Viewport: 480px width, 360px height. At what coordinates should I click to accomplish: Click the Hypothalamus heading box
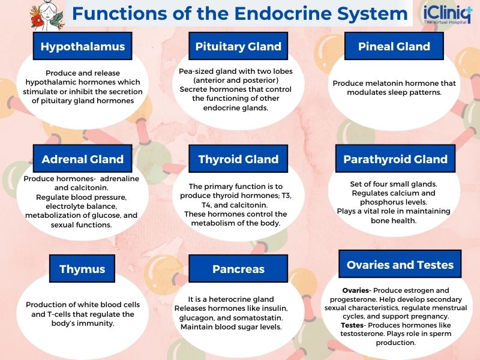(83, 46)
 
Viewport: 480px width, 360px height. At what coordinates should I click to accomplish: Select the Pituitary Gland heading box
(238, 46)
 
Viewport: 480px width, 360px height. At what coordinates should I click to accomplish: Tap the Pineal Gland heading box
(394, 46)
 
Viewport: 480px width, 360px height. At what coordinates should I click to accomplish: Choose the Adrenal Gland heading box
(83, 160)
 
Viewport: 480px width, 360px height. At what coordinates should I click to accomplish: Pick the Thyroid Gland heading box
(238, 160)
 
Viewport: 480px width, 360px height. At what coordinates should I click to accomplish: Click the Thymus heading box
(82, 269)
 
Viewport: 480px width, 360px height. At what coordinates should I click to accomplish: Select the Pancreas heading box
(238, 269)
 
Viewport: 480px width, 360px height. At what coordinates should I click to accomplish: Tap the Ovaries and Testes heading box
(400, 265)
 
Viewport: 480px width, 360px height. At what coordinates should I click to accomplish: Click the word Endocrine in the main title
(272, 13)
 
